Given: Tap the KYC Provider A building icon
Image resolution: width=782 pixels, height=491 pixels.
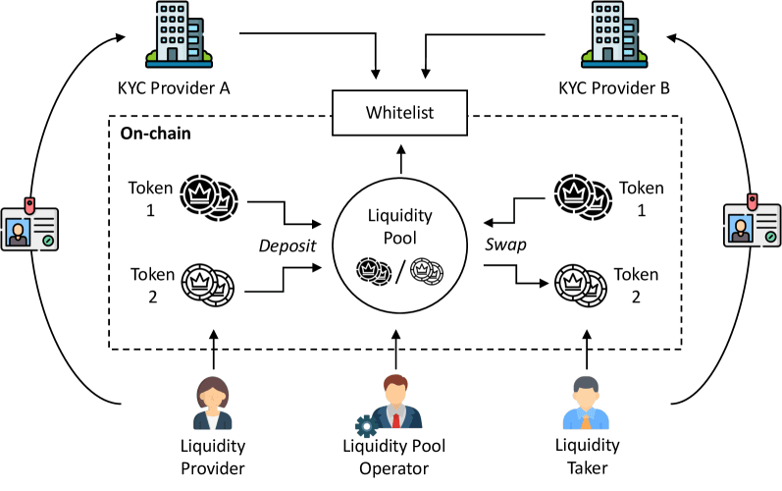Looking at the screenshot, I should [172, 36].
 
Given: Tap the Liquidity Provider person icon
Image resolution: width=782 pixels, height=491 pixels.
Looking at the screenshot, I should [212, 403].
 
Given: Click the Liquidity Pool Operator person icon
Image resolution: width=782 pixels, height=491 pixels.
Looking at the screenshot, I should [394, 403].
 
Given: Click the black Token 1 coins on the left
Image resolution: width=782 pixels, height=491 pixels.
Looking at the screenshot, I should [210, 195].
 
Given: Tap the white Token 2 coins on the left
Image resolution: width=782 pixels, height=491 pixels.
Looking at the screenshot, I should [210, 286].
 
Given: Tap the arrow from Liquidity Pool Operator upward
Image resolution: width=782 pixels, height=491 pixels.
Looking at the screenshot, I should [396, 349].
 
